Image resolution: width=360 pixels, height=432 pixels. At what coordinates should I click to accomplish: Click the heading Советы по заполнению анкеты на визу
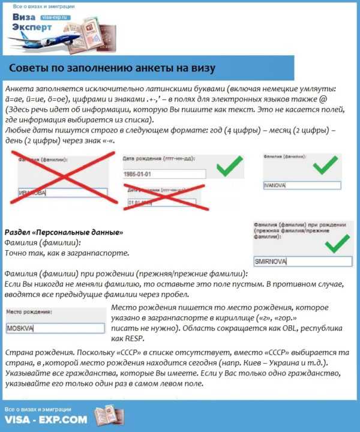(x=112, y=67)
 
